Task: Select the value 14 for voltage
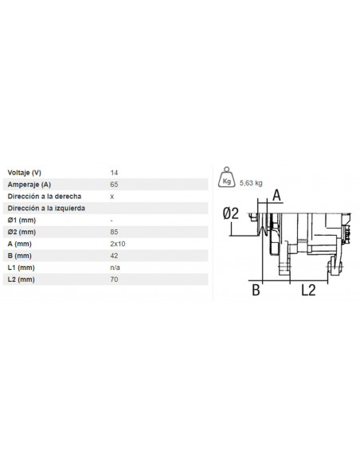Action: click(113, 171)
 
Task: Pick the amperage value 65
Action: click(113, 183)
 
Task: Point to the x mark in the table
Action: click(112, 195)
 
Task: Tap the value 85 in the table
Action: click(113, 231)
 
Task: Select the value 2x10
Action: click(116, 243)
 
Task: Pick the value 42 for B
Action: click(113, 256)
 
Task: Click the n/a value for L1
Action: click(115, 268)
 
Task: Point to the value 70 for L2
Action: click(113, 279)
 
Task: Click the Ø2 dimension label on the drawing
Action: click(231, 213)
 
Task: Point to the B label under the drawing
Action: click(256, 291)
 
